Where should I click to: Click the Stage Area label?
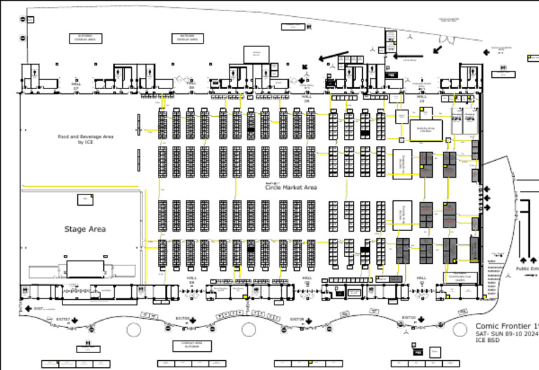[85, 229]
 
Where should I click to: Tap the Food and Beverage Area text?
[85, 139]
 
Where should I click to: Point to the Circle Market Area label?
[291, 187]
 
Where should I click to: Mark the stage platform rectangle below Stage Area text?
[82, 270]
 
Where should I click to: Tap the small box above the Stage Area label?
[86, 200]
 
